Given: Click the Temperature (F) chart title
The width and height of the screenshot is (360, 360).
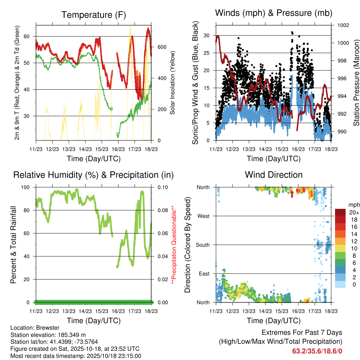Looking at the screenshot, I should point(94,15).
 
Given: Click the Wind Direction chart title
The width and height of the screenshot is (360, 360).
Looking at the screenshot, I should point(274,175).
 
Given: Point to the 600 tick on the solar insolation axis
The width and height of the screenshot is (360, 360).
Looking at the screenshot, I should point(162,47).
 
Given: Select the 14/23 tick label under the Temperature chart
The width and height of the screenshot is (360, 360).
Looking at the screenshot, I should point(85,149).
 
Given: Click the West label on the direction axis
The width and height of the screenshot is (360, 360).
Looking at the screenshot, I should point(204,216).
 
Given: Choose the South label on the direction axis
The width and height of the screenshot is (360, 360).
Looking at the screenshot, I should point(202,245).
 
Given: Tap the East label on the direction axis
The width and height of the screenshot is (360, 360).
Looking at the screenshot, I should point(204,274).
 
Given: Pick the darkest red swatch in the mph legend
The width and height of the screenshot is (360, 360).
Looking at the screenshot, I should point(341,212).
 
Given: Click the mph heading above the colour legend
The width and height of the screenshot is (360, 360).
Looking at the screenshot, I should point(353,205).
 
